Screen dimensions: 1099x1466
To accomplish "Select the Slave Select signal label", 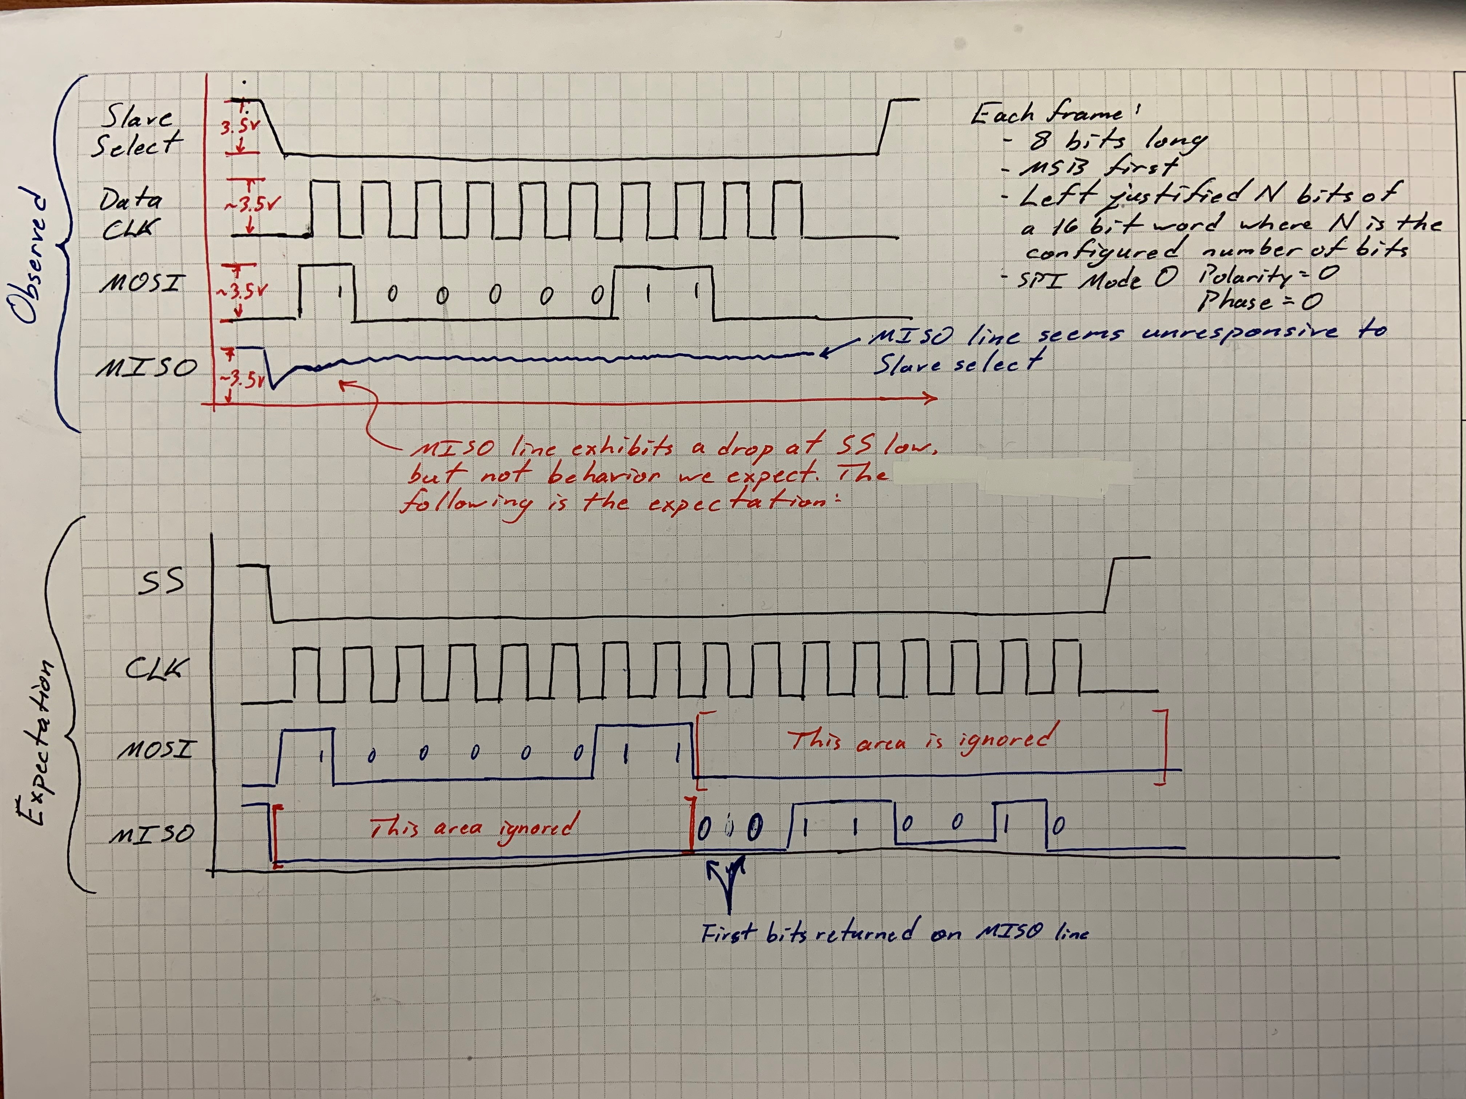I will pyautogui.click(x=137, y=131).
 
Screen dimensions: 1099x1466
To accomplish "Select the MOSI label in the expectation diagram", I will pyautogui.click(x=156, y=749).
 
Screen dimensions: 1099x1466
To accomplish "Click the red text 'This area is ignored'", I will pyautogui.click(x=921, y=738).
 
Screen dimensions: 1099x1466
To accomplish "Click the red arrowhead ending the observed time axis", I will pyautogui.click(x=931, y=398).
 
